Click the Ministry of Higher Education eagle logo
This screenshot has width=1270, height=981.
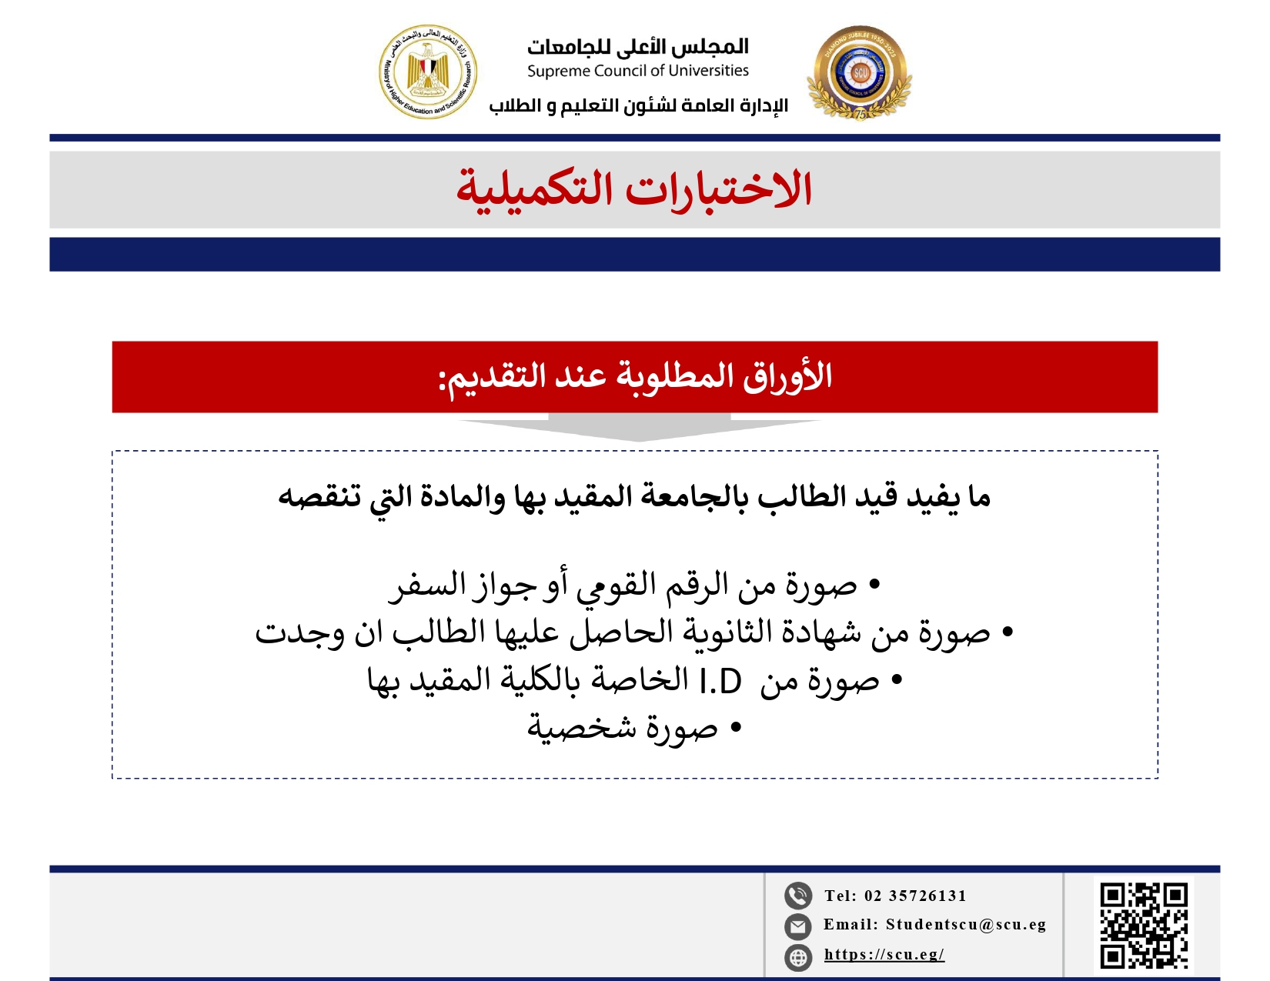(428, 72)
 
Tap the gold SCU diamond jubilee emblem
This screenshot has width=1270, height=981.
(860, 73)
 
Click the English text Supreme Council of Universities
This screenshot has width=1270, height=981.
(637, 71)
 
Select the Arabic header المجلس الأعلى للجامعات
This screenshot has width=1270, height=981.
(637, 47)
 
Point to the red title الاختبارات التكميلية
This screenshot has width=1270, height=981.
(634, 190)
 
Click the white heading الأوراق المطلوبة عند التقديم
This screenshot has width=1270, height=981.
(636, 377)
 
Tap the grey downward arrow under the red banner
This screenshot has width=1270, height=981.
(639, 427)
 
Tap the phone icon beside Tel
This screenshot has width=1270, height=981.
(798, 896)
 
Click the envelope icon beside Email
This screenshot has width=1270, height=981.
(798, 926)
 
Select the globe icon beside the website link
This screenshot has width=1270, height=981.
(798, 957)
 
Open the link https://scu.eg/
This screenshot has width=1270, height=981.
(884, 955)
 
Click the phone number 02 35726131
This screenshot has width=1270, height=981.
(915, 896)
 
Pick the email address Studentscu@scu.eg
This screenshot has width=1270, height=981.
(965, 925)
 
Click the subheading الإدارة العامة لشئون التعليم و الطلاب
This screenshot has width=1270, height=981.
(639, 105)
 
